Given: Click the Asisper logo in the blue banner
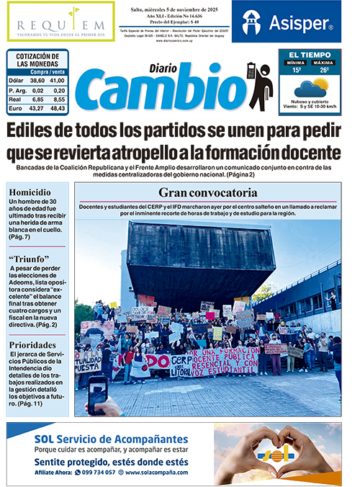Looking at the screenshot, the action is click(287, 23).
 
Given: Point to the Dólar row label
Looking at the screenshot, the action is click(17, 81).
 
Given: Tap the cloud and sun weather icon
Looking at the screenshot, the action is click(310, 88).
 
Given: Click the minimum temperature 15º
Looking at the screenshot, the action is click(294, 70).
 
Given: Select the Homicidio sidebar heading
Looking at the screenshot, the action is click(30, 192).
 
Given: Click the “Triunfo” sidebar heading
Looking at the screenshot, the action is click(30, 259).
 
